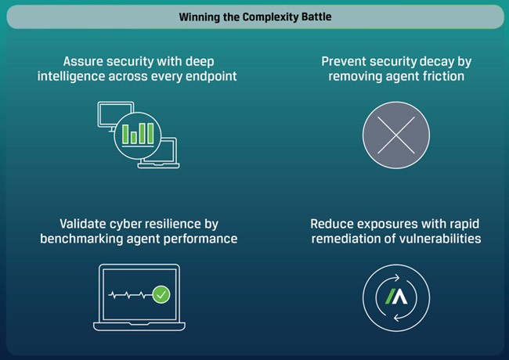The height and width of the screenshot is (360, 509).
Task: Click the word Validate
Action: (86, 224)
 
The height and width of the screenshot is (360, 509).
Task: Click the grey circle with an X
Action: (396, 135)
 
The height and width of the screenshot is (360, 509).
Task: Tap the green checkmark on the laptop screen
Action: (161, 294)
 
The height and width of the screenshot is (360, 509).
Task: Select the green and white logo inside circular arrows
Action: (396, 297)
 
